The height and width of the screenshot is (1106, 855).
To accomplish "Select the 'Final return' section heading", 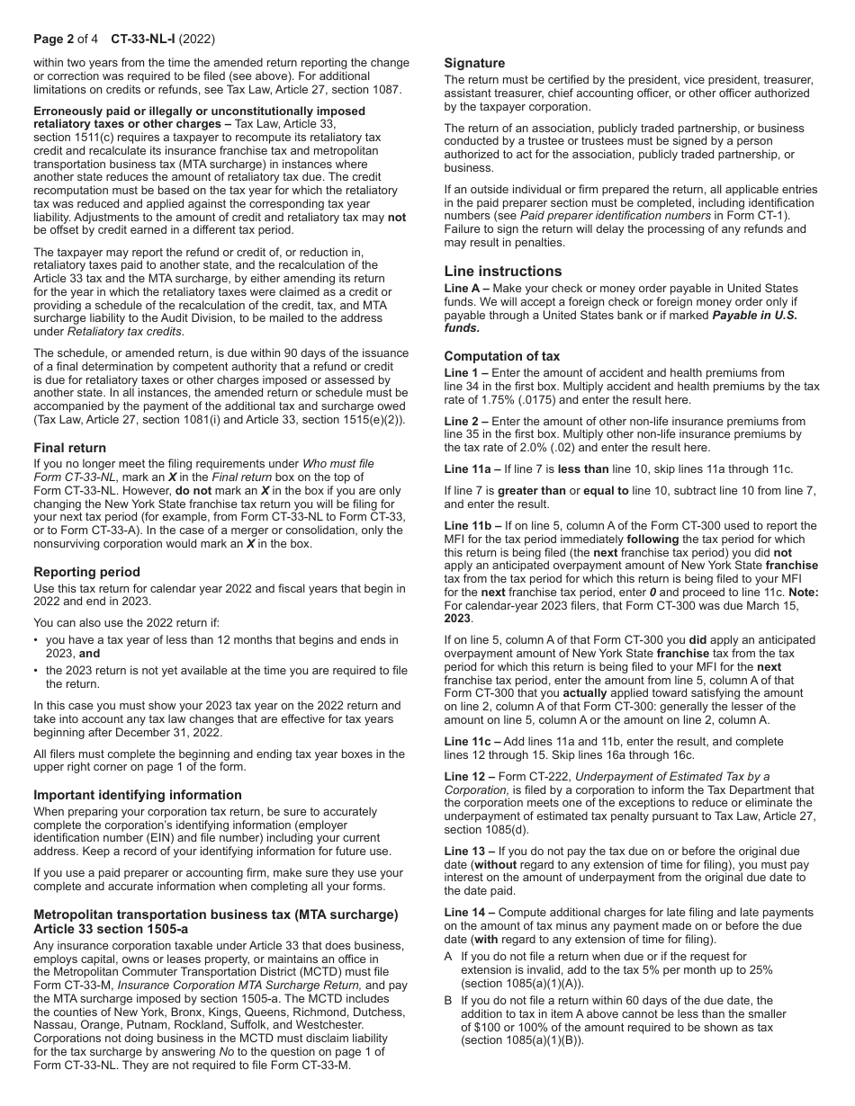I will [x=70, y=448].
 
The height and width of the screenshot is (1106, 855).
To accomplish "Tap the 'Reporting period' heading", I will [x=86, y=572].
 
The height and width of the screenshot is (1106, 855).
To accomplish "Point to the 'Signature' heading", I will [x=474, y=63].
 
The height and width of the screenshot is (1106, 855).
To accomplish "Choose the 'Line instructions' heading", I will [x=503, y=271].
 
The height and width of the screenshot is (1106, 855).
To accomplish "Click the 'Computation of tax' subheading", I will [x=502, y=356].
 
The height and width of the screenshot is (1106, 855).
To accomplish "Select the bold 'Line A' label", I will [x=466, y=289].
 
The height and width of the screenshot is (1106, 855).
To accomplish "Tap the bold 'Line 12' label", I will [x=469, y=776].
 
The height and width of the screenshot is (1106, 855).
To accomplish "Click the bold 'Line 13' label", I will [x=469, y=851].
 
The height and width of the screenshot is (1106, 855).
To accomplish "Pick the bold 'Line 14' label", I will [x=469, y=912].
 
